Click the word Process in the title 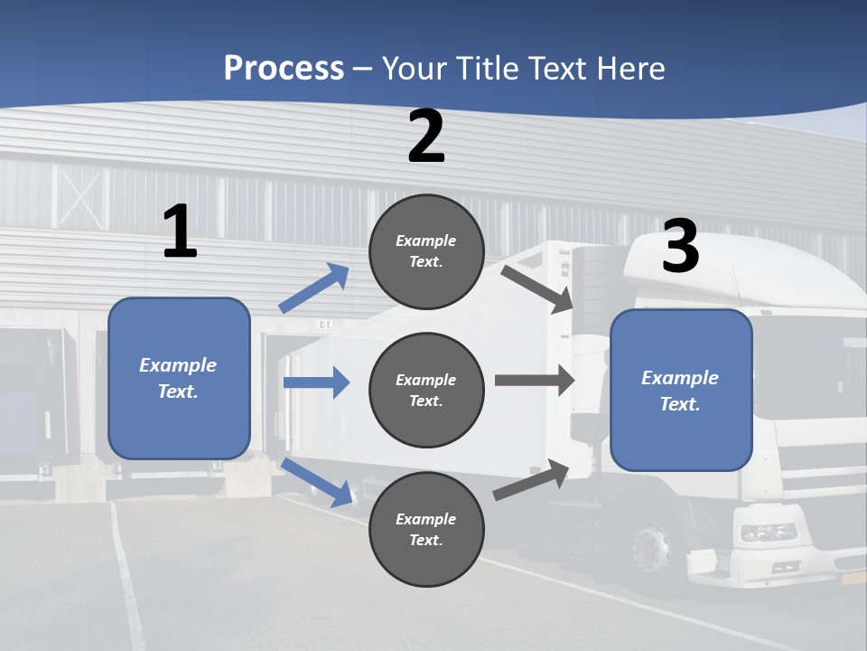[x=284, y=69]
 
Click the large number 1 [x=180, y=232]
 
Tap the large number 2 [x=426, y=137]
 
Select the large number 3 [x=680, y=247]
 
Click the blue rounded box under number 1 [x=179, y=378]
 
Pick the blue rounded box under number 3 [x=681, y=390]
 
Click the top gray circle [x=426, y=251]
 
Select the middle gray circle [x=426, y=390]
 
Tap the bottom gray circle [x=426, y=529]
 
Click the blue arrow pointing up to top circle [x=314, y=289]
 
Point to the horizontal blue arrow [x=316, y=382]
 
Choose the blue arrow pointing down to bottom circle [x=316, y=481]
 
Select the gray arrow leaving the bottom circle [x=531, y=480]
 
